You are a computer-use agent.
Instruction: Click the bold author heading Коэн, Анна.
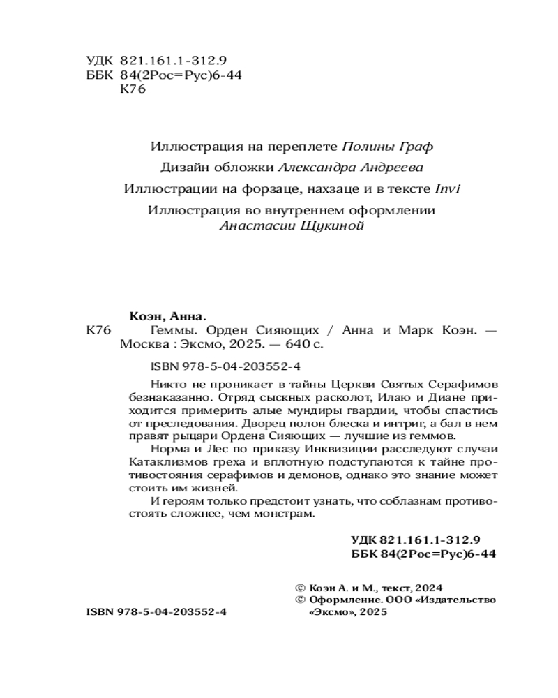click(169, 315)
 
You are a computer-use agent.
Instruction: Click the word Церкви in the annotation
click(364, 385)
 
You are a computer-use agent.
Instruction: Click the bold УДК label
click(363, 540)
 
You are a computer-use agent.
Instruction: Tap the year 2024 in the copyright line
click(430, 588)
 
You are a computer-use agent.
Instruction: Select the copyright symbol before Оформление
click(301, 600)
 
